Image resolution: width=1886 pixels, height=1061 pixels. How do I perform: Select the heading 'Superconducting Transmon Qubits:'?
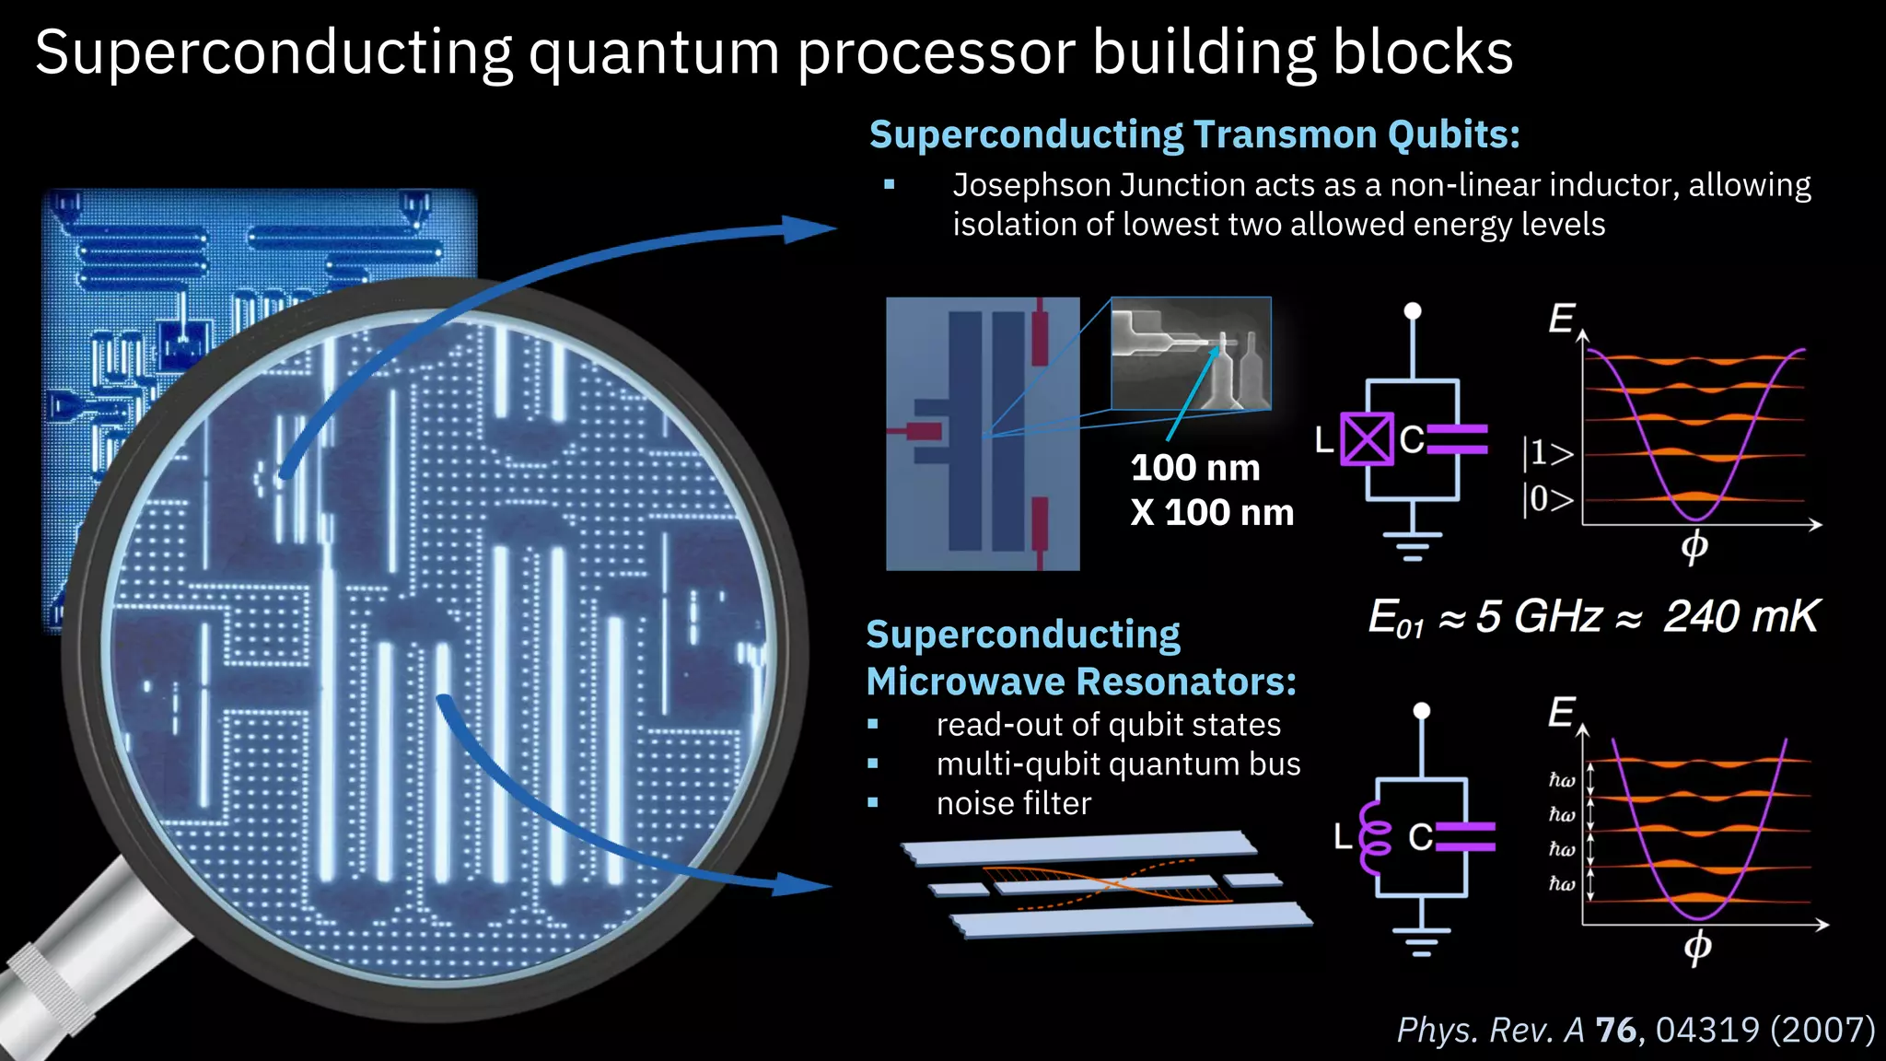pyautogui.click(x=1194, y=134)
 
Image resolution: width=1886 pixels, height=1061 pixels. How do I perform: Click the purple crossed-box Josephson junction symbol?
pyautogui.click(x=1366, y=439)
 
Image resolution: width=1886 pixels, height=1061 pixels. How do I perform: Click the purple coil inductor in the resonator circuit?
pyautogui.click(x=1376, y=836)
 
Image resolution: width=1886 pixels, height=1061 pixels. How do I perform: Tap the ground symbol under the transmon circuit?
pyautogui.click(x=1412, y=545)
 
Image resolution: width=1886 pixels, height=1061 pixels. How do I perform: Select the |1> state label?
pyautogui.click(x=1547, y=453)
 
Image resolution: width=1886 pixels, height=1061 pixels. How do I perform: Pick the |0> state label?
pyautogui.click(x=1547, y=499)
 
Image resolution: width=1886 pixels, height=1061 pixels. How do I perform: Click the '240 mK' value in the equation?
pyautogui.click(x=1740, y=616)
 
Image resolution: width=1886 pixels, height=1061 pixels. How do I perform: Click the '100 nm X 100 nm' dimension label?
pyautogui.click(x=1211, y=490)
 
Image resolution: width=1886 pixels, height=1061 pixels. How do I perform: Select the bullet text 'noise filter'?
pyautogui.click(x=1013, y=804)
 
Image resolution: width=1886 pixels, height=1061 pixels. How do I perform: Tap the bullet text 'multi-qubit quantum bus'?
pyautogui.click(x=1118, y=764)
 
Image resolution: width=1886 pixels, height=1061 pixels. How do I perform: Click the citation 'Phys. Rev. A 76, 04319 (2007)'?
pyautogui.click(x=1636, y=1030)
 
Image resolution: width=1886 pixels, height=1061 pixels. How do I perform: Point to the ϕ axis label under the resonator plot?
pyautogui.click(x=1697, y=946)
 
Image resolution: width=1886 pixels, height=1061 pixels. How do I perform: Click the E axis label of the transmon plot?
pyautogui.click(x=1561, y=319)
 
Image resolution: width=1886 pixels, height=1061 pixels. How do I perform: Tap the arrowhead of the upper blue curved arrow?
pyautogui.click(x=809, y=229)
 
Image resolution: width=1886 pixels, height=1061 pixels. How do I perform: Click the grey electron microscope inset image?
pyautogui.click(x=1191, y=353)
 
